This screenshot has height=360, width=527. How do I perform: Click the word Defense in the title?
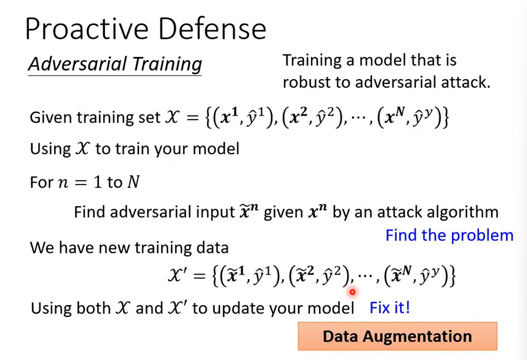213,29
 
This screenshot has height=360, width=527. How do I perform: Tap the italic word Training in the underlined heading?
167,64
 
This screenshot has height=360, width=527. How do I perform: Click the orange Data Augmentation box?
398,336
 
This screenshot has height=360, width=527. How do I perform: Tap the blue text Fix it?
390,308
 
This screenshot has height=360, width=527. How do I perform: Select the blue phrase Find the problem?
449,235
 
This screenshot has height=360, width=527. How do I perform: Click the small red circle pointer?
352,292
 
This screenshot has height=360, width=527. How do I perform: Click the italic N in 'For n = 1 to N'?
134,182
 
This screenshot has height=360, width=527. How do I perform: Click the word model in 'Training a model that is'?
383,60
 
